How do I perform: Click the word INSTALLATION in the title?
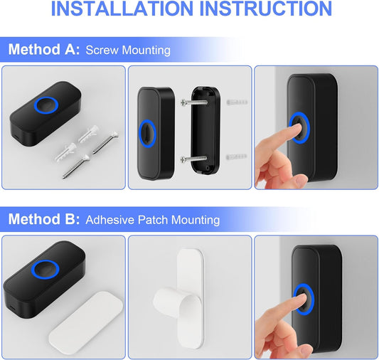pyautogui.click(x=122, y=9)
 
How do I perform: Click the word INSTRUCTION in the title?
pyautogui.click(x=266, y=9)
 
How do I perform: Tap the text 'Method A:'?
pyautogui.click(x=44, y=50)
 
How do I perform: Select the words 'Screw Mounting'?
pyautogui.click(x=128, y=51)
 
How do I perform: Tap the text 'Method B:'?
pyautogui.click(x=44, y=219)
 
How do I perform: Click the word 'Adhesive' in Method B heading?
pyautogui.click(x=110, y=220)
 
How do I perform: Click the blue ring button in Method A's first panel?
pyautogui.click(x=46, y=105)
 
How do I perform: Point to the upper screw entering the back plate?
pyautogui.click(x=194, y=102)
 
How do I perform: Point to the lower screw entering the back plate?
pyautogui.click(x=193, y=159)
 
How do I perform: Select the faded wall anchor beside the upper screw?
pyautogui.click(x=237, y=102)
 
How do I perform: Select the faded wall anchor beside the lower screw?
pyautogui.click(x=236, y=157)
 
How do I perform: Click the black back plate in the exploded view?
pyautogui.click(x=205, y=131)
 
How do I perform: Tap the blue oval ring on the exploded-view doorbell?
pyautogui.click(x=147, y=134)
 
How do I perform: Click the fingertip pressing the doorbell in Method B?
pyautogui.click(x=301, y=297)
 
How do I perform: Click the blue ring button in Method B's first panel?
pyautogui.click(x=46, y=270)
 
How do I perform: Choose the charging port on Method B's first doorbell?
pyautogui.click(x=13, y=307)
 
